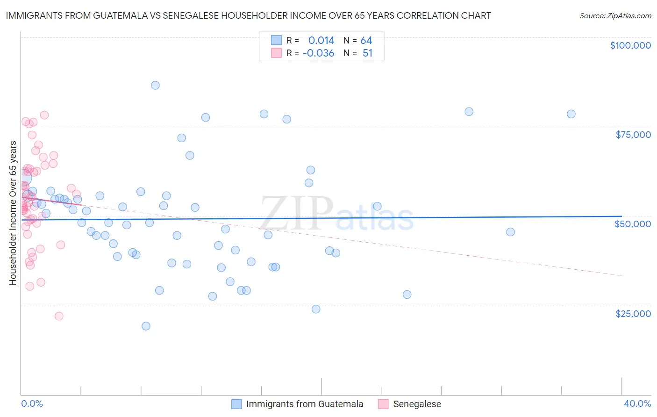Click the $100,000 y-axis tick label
point(630,45)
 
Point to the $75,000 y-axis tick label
point(633,135)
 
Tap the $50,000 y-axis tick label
point(632,224)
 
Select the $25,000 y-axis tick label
point(633,313)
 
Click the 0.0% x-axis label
point(32,403)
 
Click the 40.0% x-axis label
point(637,403)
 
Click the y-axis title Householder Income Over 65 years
point(13,213)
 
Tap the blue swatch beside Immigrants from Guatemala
point(237,404)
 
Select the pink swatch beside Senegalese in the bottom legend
point(383,404)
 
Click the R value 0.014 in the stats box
point(321,41)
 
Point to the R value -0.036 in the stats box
point(318,53)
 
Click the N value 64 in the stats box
point(366,41)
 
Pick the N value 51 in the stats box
point(367,53)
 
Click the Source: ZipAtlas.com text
point(615,16)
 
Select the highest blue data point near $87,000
point(155,85)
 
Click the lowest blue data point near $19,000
point(146,326)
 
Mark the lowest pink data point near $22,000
point(59,316)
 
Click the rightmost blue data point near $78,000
point(571,114)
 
